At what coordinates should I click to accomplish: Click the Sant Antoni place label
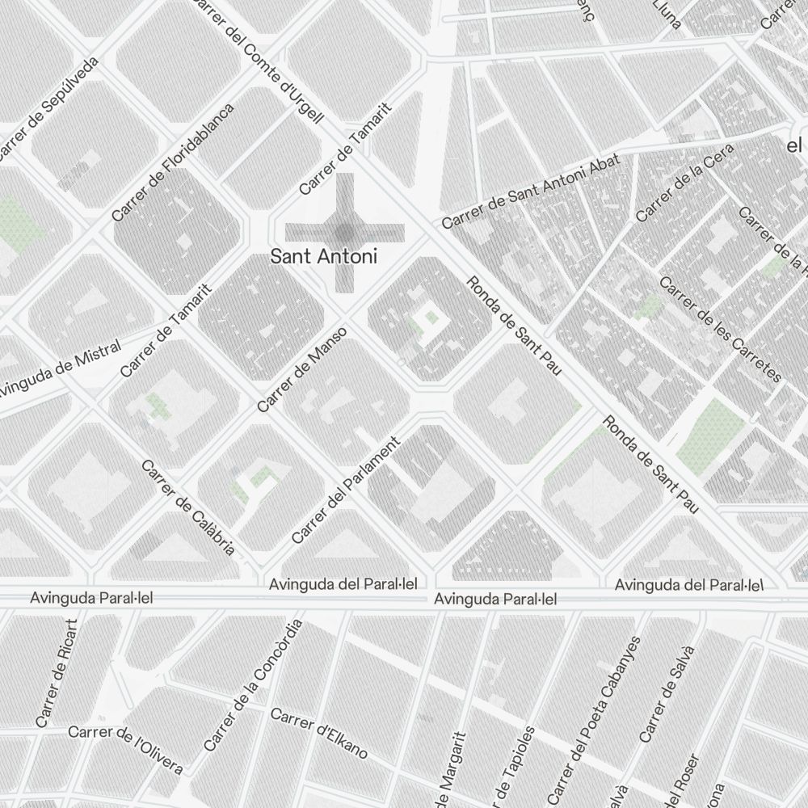[x=323, y=258]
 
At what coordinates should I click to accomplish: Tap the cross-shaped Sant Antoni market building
[x=346, y=233]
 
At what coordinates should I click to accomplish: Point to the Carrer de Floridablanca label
[x=173, y=162]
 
